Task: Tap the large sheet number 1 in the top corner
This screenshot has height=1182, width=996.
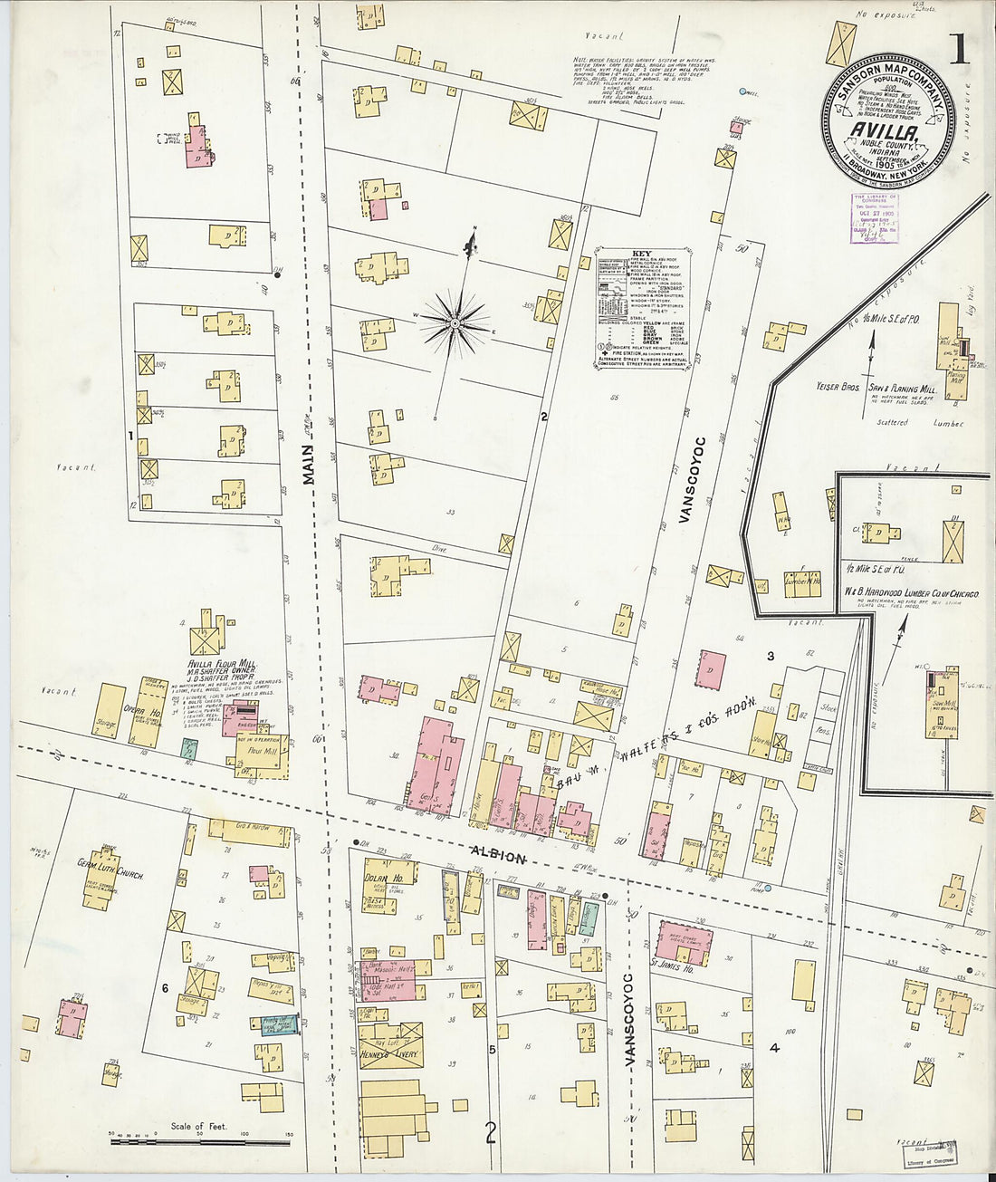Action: point(959,51)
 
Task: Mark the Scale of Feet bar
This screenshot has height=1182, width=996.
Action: point(199,1140)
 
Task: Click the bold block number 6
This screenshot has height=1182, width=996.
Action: point(166,987)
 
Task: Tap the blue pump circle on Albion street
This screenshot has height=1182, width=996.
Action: point(767,889)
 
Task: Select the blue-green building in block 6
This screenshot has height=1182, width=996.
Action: point(274,1024)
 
